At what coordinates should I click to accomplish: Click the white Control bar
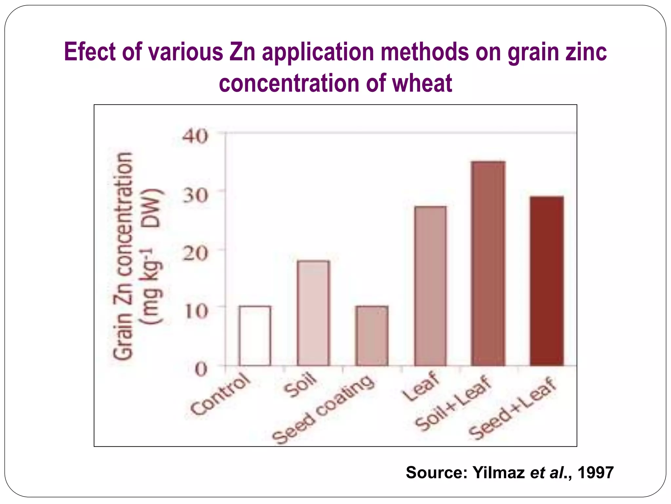pyautogui.click(x=255, y=336)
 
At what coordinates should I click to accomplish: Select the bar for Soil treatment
pyautogui.click(x=313, y=313)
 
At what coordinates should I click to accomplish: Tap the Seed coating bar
pyautogui.click(x=372, y=336)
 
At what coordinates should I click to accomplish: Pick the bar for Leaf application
pyautogui.click(x=430, y=286)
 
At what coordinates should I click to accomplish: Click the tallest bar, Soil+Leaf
pyautogui.click(x=488, y=263)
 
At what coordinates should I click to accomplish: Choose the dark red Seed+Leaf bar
pyautogui.click(x=546, y=281)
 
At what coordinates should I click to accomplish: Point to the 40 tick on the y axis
pyautogui.click(x=195, y=136)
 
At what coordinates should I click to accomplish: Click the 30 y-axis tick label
pyautogui.click(x=195, y=195)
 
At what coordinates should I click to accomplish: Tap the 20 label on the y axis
pyautogui.click(x=195, y=253)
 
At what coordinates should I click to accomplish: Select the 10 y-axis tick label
pyautogui.click(x=196, y=311)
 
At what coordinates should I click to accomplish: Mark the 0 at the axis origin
pyautogui.click(x=201, y=369)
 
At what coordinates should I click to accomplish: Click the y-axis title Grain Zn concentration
pyautogui.click(x=123, y=256)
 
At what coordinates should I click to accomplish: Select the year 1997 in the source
pyautogui.click(x=595, y=472)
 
